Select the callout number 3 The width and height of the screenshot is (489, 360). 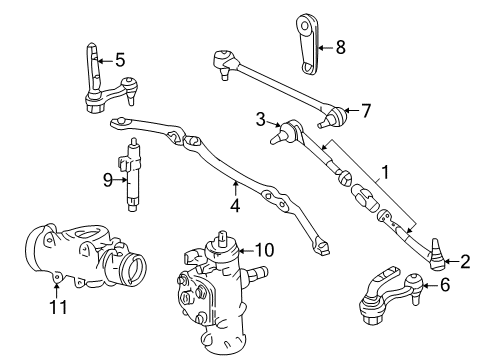(x=260, y=121)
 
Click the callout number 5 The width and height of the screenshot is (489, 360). (x=119, y=60)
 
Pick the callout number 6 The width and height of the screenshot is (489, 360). (x=445, y=284)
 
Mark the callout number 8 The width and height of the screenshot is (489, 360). (x=340, y=46)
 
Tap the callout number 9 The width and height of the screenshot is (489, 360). (x=109, y=181)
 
